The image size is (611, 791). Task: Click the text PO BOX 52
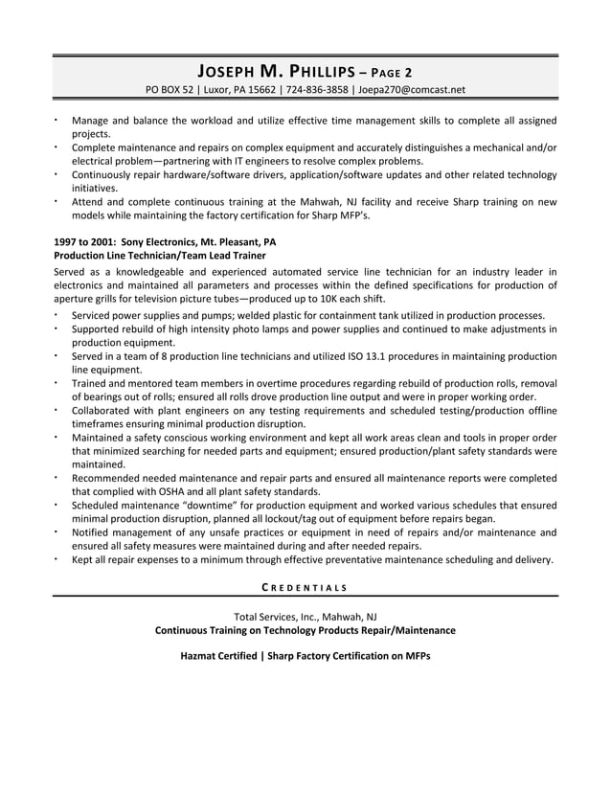170,90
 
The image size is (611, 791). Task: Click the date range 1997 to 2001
85,242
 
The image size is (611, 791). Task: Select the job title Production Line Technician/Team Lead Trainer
160,257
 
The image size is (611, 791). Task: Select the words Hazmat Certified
217,656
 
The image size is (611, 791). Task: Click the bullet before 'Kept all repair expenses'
57,559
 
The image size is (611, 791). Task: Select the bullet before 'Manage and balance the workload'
57,121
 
